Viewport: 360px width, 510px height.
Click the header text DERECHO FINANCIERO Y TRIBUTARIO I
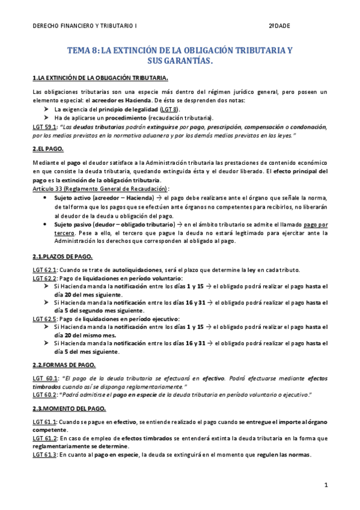click(x=85, y=27)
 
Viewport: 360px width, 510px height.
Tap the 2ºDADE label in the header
click(x=279, y=27)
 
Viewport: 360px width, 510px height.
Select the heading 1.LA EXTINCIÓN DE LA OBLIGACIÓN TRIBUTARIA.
click(x=100, y=78)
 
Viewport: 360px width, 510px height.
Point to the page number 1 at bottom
click(x=325, y=484)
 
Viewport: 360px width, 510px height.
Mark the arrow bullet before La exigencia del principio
click(x=46, y=110)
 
